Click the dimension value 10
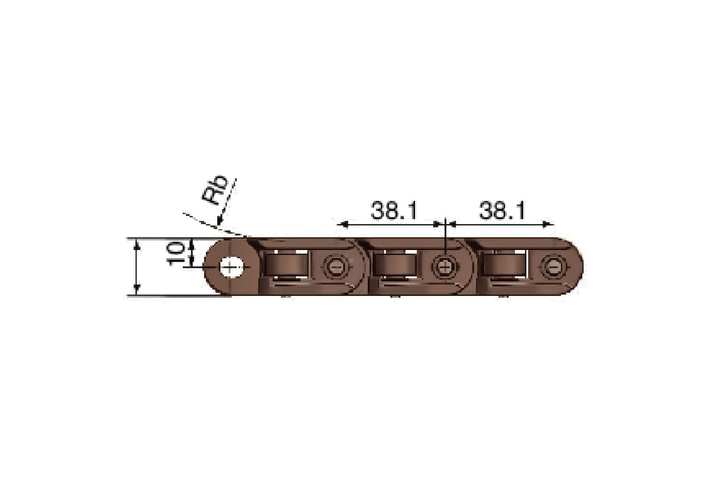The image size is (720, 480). [176, 254]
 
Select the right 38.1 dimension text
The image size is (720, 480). [502, 211]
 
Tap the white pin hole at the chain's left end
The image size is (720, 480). [231, 267]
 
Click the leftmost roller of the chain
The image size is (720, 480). [287, 266]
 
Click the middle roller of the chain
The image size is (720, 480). [395, 266]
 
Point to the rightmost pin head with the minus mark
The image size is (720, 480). [553, 267]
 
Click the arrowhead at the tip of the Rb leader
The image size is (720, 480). [219, 223]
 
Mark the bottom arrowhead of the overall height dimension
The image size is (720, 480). [137, 290]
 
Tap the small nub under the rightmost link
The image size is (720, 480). [502, 297]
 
